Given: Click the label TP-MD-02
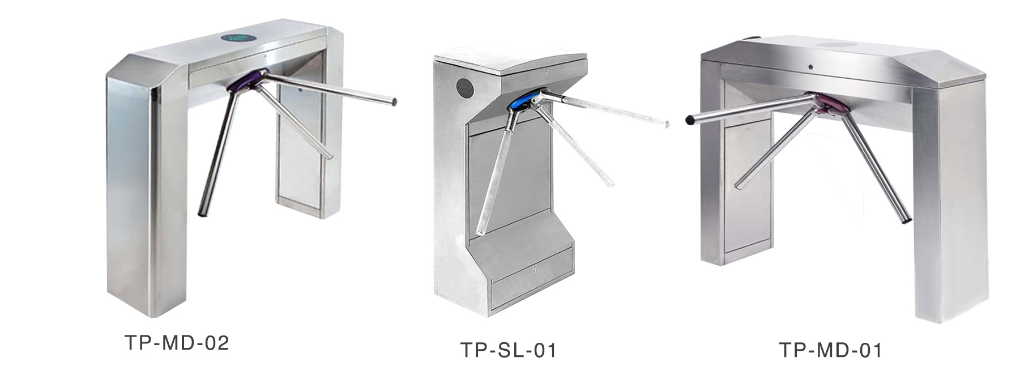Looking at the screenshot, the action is click(x=176, y=343).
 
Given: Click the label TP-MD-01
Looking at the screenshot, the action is click(x=830, y=350).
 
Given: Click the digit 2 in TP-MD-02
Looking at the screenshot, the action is click(x=223, y=343).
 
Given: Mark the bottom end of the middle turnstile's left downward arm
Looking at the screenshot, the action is click(x=480, y=232).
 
